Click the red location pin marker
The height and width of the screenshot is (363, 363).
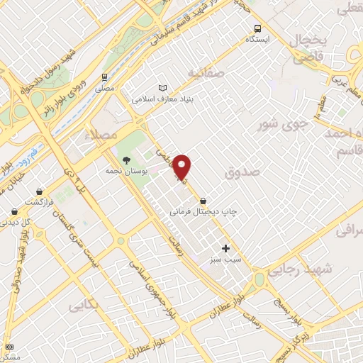coord(183,167)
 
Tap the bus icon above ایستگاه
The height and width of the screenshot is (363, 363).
coord(259,30)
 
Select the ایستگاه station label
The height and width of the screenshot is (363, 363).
coord(259,40)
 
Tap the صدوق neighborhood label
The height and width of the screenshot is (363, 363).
coord(242,172)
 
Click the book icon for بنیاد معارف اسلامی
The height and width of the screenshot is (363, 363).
coord(164,86)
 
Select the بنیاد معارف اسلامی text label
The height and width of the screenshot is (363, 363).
coord(164,99)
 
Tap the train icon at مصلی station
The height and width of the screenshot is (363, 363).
coord(104,77)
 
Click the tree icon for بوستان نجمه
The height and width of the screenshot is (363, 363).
coord(126,160)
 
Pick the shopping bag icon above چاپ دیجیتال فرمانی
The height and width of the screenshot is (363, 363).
coord(204,200)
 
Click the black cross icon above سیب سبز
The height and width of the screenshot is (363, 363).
coord(226,248)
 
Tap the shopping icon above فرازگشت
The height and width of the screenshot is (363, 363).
coord(38,191)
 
